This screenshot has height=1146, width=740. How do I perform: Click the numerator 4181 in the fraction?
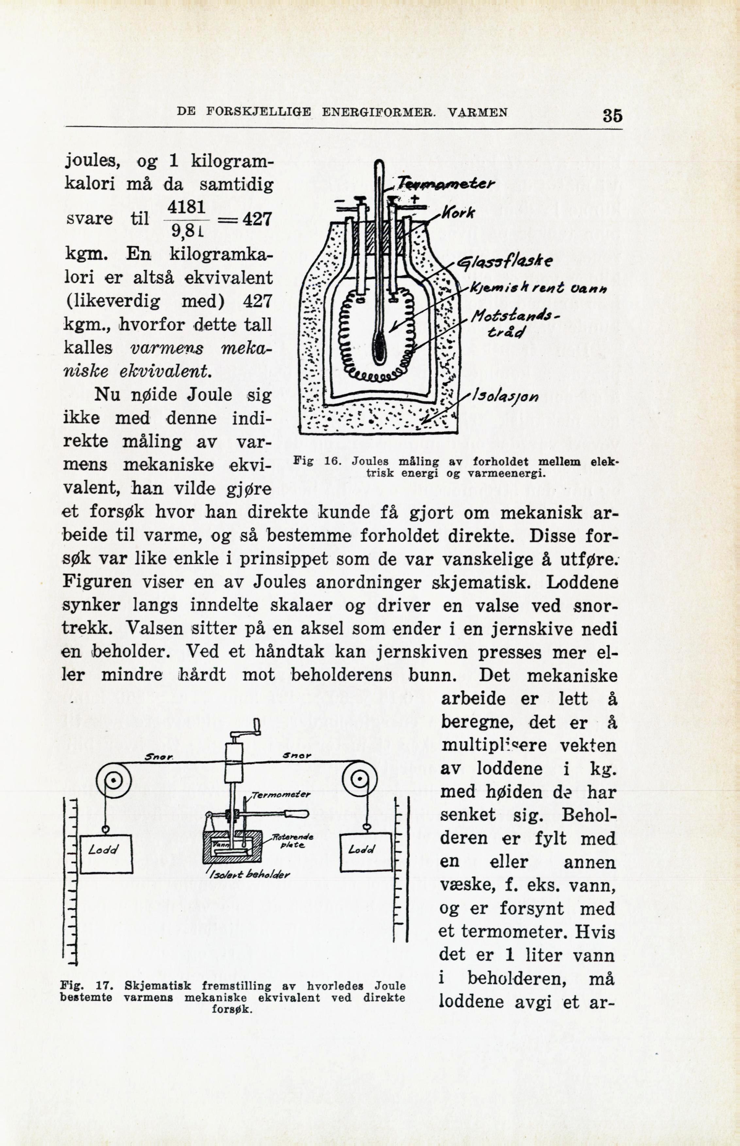pos(187,207)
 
